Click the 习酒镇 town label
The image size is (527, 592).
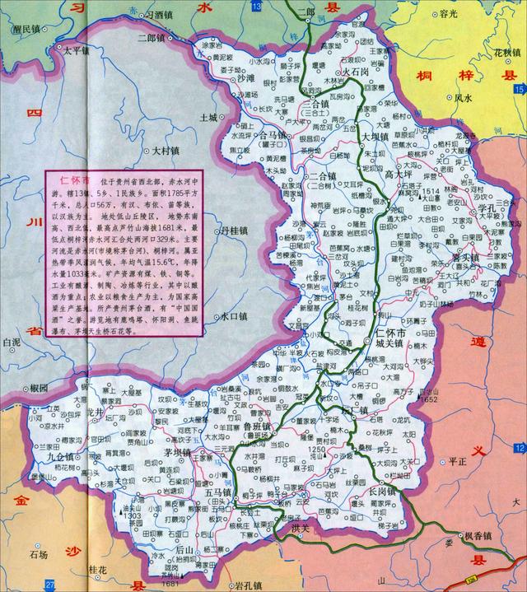point(164,15)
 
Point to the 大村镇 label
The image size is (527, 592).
point(168,151)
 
